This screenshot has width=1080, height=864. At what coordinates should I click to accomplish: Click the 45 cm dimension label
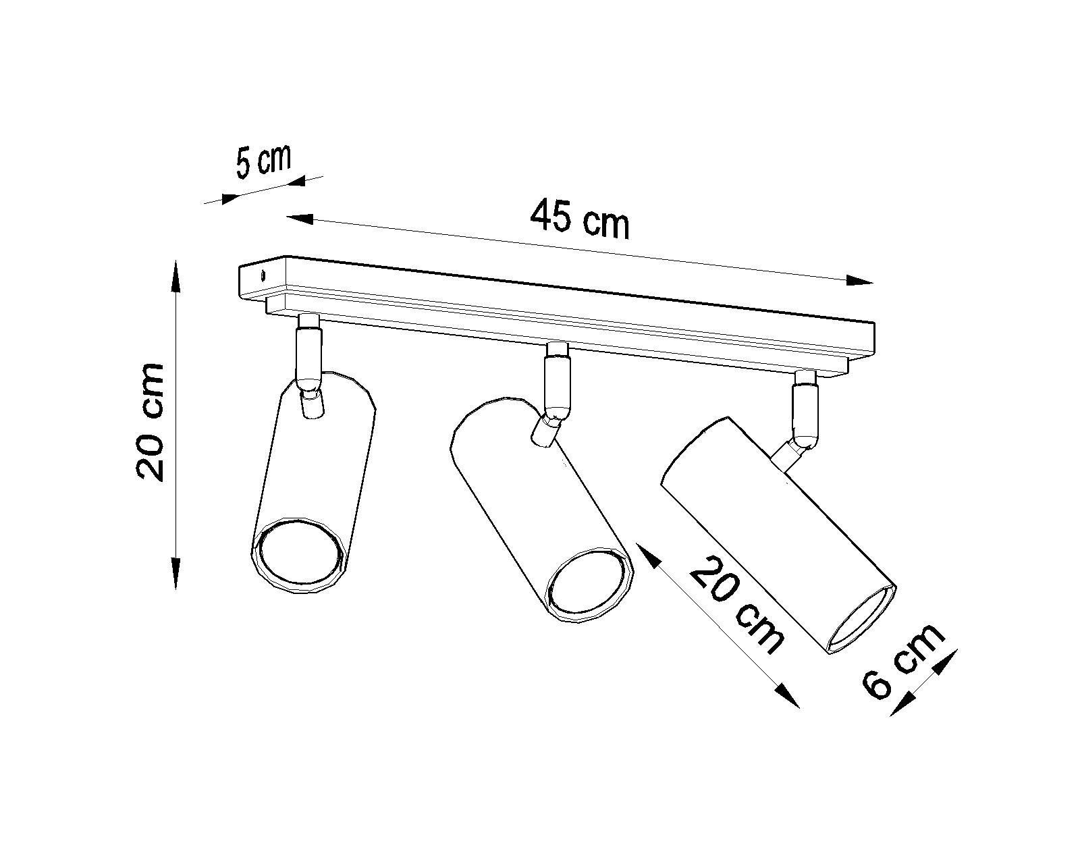tap(579, 220)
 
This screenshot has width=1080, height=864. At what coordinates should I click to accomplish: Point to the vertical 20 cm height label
tap(150, 422)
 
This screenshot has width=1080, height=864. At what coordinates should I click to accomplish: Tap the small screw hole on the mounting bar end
tap(263, 274)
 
